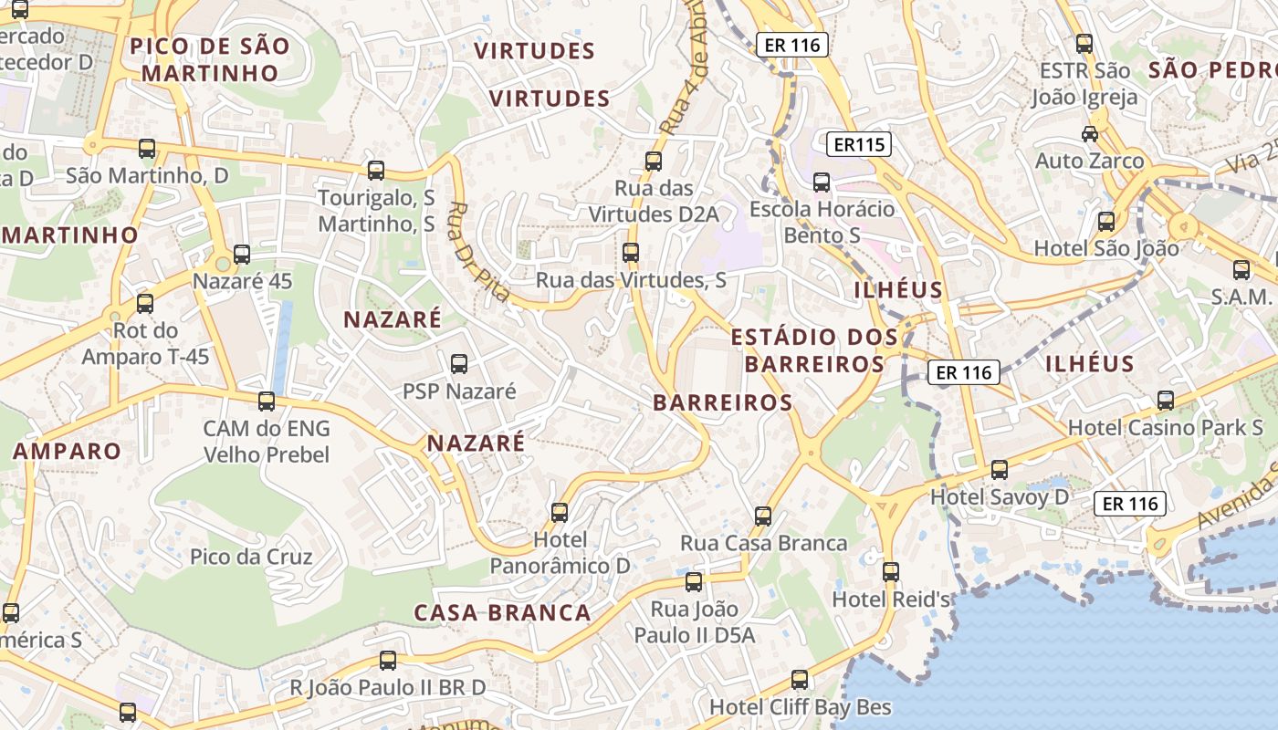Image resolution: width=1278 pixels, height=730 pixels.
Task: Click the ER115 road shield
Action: point(859,144)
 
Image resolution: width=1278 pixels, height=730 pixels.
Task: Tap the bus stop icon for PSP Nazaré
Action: point(459,364)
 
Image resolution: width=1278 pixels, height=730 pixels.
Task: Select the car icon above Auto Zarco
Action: point(1089,134)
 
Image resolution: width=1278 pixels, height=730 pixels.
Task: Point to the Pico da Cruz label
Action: point(251,557)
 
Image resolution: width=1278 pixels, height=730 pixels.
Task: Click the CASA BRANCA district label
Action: point(503,612)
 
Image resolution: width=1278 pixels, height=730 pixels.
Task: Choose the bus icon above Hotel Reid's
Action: point(891,572)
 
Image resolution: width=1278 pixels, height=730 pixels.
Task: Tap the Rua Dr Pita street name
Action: point(478,251)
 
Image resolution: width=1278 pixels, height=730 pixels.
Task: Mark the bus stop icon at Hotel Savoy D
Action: point(1000,470)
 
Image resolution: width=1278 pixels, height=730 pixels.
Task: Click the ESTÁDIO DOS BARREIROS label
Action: point(814,350)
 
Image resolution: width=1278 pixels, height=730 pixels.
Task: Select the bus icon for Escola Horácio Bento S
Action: point(822,182)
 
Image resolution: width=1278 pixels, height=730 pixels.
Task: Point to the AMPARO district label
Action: point(67,451)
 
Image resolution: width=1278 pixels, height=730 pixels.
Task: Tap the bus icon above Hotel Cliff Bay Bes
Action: point(800,680)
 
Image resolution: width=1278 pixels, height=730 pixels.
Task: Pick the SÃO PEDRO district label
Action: point(1212,70)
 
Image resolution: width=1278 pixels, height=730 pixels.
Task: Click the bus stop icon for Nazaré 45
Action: point(242,255)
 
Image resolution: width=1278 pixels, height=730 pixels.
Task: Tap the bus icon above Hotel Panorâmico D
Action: point(560,513)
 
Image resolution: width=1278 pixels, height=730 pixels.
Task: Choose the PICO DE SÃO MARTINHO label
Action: point(210,59)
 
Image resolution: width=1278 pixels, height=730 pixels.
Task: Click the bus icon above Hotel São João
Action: point(1106,221)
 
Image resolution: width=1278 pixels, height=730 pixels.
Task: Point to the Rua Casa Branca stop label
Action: point(763,543)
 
